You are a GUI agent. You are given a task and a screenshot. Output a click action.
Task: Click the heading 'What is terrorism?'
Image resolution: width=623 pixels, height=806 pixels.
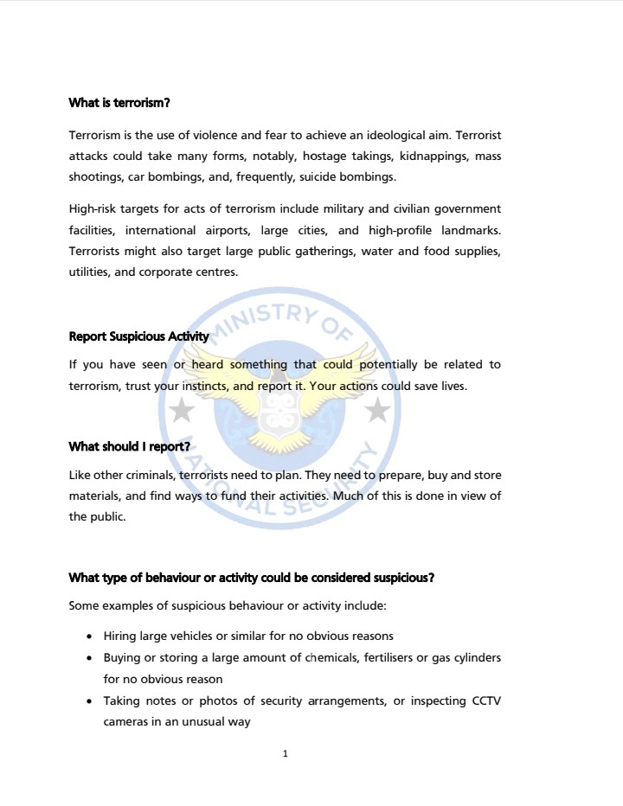(x=119, y=103)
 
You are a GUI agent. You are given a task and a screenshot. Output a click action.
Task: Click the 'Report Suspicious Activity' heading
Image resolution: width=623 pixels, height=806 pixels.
(x=138, y=336)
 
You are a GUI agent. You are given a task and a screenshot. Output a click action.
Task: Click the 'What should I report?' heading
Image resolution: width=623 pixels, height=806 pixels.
(x=129, y=446)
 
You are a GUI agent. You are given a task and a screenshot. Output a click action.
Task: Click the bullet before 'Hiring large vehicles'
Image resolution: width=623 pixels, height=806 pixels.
(x=91, y=636)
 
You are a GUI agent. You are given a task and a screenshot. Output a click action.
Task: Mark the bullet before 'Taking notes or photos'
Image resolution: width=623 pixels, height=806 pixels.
(x=91, y=701)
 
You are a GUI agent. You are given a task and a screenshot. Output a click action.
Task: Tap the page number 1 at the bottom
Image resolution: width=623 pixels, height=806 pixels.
(x=285, y=754)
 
